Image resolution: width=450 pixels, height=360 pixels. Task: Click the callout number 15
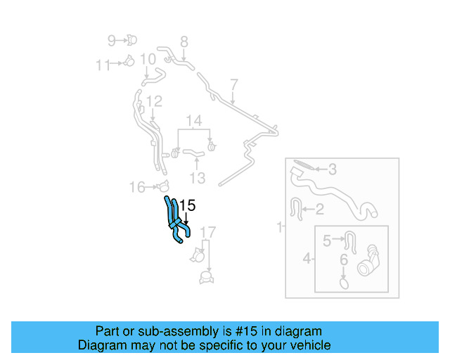coord(186,206)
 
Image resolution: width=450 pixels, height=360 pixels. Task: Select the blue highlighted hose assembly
coord(176,221)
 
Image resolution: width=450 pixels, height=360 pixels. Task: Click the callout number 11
coord(103,65)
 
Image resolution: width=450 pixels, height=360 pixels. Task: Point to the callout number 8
coord(184,41)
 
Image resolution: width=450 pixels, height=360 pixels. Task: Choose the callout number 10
coord(148,59)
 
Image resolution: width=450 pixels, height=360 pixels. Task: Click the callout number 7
coord(234,84)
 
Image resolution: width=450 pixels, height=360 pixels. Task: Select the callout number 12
coord(154,102)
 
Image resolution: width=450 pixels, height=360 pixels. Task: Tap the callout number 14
coord(194,120)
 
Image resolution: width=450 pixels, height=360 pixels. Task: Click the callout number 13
coord(198,178)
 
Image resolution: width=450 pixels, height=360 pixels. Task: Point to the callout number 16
coord(137,187)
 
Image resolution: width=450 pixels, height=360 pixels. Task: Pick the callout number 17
coord(208,232)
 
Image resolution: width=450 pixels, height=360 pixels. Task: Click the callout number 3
coord(333,169)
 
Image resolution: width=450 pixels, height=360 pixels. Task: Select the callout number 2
coord(319,208)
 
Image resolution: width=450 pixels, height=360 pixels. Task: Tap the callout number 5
coord(327,241)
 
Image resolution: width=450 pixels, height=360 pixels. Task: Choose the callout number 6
coord(344,259)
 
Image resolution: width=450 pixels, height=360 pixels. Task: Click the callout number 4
coord(307,259)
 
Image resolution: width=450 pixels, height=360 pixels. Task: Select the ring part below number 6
coord(344,283)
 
